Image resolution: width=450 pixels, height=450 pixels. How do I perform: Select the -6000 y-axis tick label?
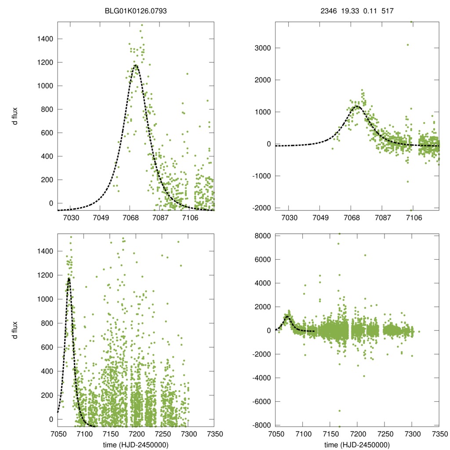point(261,402)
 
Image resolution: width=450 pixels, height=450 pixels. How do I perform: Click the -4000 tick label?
point(261,378)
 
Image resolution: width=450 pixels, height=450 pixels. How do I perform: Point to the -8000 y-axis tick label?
point(261,425)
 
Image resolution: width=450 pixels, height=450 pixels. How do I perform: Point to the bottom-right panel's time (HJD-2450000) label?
point(357,445)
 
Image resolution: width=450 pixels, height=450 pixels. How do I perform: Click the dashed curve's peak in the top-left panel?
point(136,65)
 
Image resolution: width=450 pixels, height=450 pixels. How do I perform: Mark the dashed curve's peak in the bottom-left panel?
point(69,278)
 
